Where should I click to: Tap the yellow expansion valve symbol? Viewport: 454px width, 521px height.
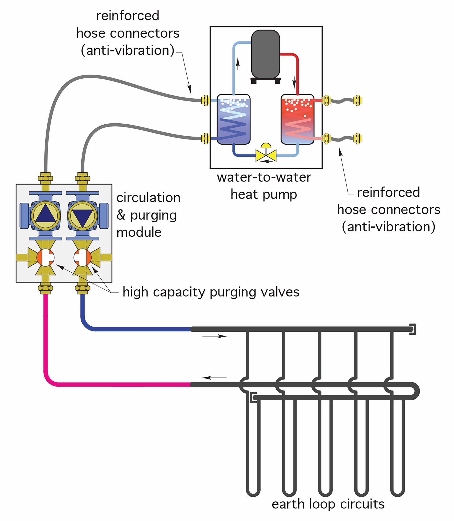(266, 155)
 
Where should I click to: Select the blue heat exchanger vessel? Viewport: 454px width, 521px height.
(234, 119)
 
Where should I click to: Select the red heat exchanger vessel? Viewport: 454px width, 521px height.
(298, 119)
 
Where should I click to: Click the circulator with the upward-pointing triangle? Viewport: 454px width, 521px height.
(45, 216)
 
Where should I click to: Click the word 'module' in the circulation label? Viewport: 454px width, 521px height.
(139, 232)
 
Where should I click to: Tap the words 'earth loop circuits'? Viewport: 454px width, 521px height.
(328, 504)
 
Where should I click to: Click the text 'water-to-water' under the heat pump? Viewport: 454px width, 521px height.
(264, 177)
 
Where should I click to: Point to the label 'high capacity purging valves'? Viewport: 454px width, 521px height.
(211, 292)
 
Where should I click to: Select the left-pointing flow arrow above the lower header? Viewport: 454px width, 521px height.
(214, 378)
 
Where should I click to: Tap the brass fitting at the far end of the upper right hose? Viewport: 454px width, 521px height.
(357, 101)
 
